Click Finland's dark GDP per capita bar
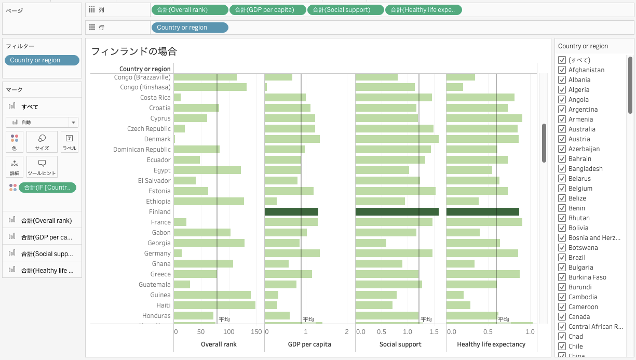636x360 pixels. tap(291, 211)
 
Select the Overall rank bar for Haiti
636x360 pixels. tap(214, 305)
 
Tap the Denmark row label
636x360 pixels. tap(157, 139)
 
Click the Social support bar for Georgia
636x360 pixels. tap(371, 243)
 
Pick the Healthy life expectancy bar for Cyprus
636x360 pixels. tap(484, 118)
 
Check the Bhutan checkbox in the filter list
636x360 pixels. tap(562, 218)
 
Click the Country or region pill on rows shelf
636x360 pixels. tap(190, 28)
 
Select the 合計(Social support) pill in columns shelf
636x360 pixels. tap(346, 10)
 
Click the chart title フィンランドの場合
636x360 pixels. tap(134, 51)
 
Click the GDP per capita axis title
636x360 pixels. tap(309, 344)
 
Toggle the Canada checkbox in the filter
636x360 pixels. tap(562, 317)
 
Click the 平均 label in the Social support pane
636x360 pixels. tap(426, 319)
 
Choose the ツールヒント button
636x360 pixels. tap(42, 167)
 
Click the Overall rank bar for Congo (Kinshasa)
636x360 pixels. tap(210, 87)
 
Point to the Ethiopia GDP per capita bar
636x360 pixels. tap(270, 201)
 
